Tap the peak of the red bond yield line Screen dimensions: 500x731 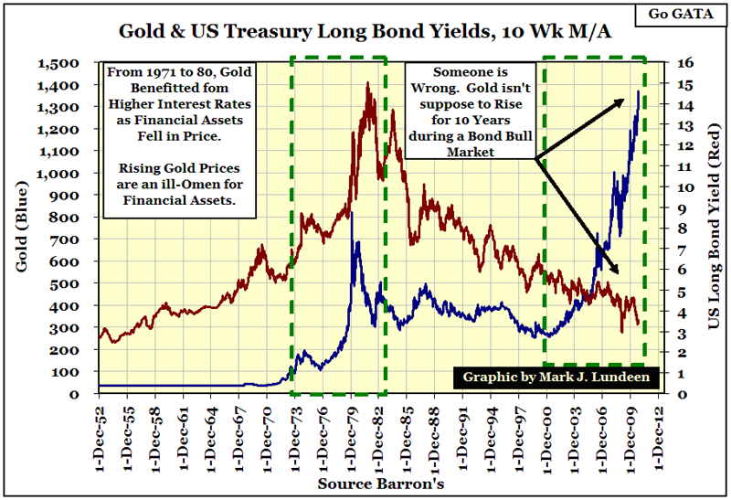coord(367,83)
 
